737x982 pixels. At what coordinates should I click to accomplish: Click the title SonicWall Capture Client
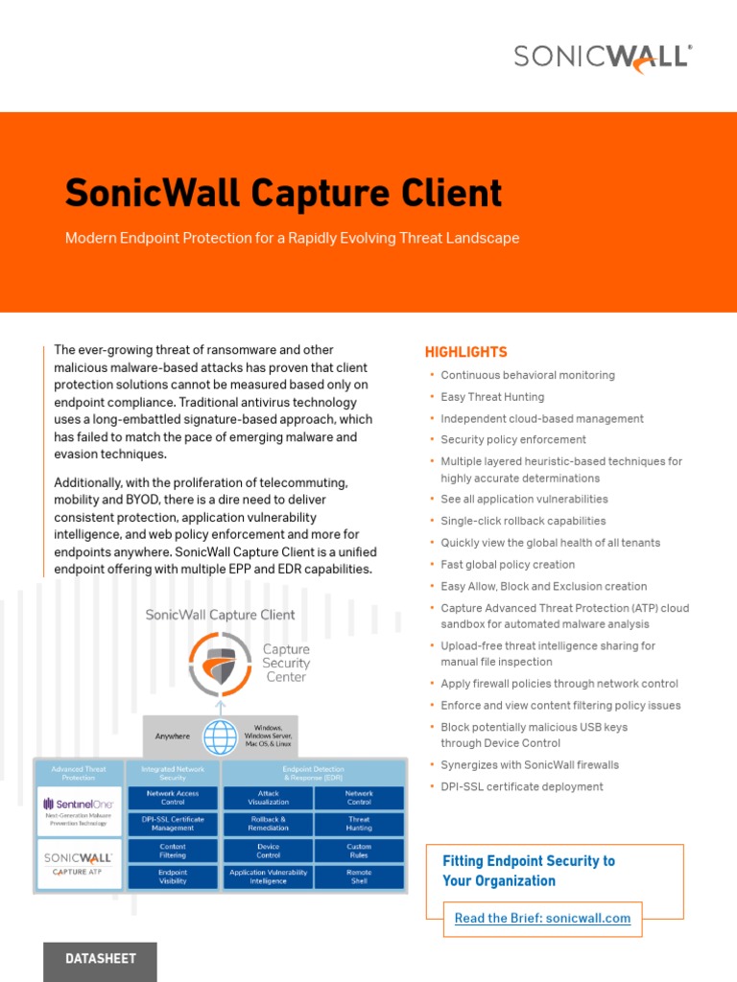click(x=283, y=193)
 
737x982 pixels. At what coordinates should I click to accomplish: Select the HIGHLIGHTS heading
click(x=465, y=352)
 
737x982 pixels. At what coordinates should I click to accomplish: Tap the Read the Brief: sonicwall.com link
click(x=542, y=918)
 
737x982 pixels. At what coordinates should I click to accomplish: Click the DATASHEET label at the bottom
click(x=100, y=958)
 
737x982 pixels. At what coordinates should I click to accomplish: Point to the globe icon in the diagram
click(x=220, y=736)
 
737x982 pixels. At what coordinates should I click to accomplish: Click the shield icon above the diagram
click(x=221, y=664)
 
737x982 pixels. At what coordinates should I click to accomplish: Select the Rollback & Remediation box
click(x=268, y=824)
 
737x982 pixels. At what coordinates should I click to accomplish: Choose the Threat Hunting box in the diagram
click(x=359, y=824)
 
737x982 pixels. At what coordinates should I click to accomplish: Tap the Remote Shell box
click(x=359, y=877)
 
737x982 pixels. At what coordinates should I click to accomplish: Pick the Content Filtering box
click(x=173, y=851)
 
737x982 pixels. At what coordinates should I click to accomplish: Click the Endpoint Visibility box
click(x=173, y=877)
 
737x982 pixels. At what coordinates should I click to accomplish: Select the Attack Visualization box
click(x=268, y=798)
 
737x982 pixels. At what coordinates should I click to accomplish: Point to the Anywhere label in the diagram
click(x=173, y=736)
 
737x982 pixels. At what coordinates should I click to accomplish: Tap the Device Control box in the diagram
click(x=268, y=851)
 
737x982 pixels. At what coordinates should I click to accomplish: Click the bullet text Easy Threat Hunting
click(x=492, y=397)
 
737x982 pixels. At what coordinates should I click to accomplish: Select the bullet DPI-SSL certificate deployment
click(x=521, y=786)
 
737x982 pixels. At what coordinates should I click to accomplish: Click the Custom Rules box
click(x=359, y=851)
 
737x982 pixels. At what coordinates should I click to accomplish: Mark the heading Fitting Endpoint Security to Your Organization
click(x=528, y=871)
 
